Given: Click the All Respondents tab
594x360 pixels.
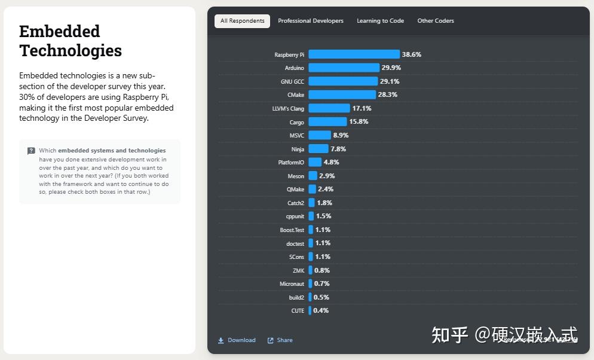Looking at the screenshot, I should (x=242, y=21).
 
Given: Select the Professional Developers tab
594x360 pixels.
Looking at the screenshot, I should (x=311, y=21).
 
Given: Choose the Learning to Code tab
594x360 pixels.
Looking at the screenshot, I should (x=380, y=21).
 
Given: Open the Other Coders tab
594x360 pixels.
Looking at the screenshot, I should (x=436, y=21).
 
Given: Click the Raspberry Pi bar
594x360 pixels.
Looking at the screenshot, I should (x=354, y=54).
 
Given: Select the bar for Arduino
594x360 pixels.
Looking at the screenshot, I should (x=344, y=68).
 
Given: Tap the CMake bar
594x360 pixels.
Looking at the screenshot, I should (x=342, y=95).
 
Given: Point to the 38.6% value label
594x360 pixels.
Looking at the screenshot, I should (x=412, y=54).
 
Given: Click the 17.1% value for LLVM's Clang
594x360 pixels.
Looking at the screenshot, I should (x=362, y=109).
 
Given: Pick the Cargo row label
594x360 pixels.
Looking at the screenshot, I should (x=296, y=123).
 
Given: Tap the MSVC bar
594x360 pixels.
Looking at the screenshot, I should (x=319, y=136).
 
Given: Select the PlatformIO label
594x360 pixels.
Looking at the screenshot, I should (x=291, y=163).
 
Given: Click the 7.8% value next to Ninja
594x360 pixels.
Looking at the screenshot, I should (x=338, y=150).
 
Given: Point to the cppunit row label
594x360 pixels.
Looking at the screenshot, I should (x=295, y=216).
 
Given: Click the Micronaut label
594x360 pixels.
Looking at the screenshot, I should (x=292, y=284).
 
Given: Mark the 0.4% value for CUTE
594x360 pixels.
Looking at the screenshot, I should (x=321, y=311).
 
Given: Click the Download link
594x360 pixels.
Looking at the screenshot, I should (x=237, y=340).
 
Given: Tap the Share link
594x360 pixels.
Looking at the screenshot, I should (x=280, y=340).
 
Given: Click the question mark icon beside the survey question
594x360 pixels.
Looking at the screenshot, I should (x=31, y=151).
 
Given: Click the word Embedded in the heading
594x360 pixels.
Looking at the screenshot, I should (x=59, y=31).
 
